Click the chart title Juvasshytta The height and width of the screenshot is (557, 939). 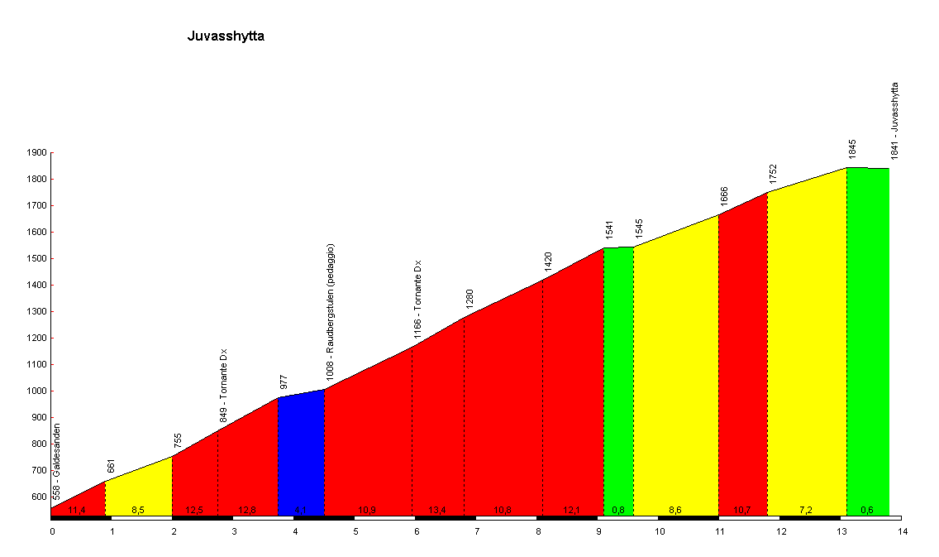[x=226, y=36]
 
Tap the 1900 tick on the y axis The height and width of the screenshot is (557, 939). [x=37, y=153]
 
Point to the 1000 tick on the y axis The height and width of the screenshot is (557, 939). [x=37, y=391]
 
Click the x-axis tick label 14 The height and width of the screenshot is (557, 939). [x=902, y=531]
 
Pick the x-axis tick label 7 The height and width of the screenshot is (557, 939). [x=477, y=531]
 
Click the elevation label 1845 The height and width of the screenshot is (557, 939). [x=852, y=149]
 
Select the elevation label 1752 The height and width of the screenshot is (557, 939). [x=773, y=174]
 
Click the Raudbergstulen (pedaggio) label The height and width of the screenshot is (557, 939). [x=330, y=311]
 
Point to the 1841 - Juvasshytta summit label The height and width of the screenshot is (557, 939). [x=894, y=121]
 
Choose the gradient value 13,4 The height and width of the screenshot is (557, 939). [x=438, y=510]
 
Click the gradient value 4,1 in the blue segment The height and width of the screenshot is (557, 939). [x=301, y=510]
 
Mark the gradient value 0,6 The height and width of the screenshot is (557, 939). [x=867, y=510]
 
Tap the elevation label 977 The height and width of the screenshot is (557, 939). [x=284, y=382]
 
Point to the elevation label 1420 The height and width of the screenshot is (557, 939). [x=548, y=262]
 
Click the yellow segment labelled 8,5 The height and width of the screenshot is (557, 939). [x=138, y=488]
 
